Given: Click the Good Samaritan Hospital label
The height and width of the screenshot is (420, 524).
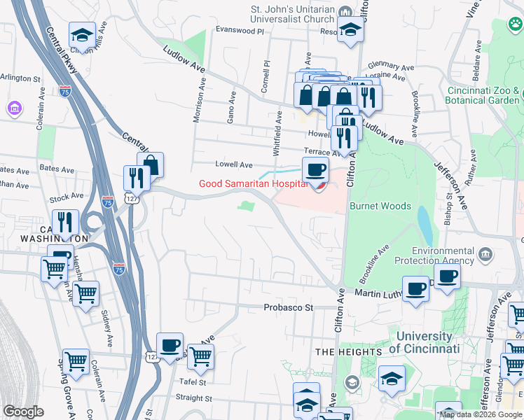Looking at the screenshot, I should click(x=252, y=183).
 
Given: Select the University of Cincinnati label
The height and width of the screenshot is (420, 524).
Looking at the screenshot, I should click(x=420, y=342).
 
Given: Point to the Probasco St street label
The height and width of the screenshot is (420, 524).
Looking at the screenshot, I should click(x=290, y=307).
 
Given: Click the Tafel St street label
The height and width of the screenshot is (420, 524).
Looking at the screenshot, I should click(x=191, y=382).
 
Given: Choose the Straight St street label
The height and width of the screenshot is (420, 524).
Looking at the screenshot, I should click(x=193, y=398).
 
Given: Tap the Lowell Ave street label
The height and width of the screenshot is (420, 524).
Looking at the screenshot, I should click(x=233, y=164).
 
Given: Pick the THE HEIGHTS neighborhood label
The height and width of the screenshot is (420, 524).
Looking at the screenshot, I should click(x=348, y=351).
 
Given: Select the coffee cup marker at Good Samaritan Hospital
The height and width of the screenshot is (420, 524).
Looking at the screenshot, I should click(x=315, y=169).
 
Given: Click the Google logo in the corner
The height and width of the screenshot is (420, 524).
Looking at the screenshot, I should click(x=23, y=412).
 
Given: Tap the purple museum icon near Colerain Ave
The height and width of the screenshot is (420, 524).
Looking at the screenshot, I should click(x=13, y=108).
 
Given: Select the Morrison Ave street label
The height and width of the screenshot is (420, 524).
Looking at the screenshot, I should click(x=198, y=99).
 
